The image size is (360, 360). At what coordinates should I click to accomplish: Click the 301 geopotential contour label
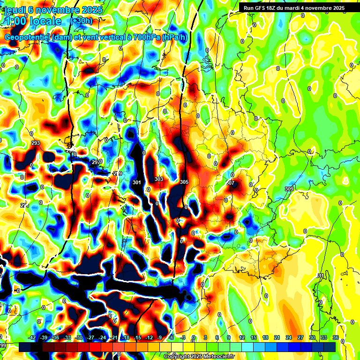(x=137, y=182)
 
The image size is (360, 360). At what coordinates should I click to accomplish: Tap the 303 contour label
(x=159, y=179)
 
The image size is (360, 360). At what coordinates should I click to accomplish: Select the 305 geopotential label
(x=184, y=182)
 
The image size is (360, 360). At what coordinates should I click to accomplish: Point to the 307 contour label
(x=230, y=183)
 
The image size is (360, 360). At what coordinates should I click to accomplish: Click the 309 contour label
(x=289, y=188)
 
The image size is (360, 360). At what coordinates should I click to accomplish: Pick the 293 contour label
(x=35, y=143)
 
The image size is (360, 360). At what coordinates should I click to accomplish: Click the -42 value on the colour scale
(x=32, y=337)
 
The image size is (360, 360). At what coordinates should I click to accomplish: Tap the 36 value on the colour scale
(x=336, y=337)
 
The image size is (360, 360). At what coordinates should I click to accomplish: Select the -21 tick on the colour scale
(x=113, y=337)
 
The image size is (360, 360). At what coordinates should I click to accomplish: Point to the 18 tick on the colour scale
(x=265, y=337)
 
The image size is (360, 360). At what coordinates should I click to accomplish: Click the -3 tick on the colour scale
(x=183, y=337)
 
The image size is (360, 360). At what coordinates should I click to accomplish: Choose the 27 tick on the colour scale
(x=300, y=337)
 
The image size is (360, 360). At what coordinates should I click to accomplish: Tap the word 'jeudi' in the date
(x=15, y=10)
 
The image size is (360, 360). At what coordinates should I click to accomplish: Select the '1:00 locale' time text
(x=33, y=22)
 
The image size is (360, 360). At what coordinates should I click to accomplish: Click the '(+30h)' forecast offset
(x=81, y=21)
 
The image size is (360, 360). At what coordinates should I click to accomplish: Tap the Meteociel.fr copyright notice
(x=199, y=356)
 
